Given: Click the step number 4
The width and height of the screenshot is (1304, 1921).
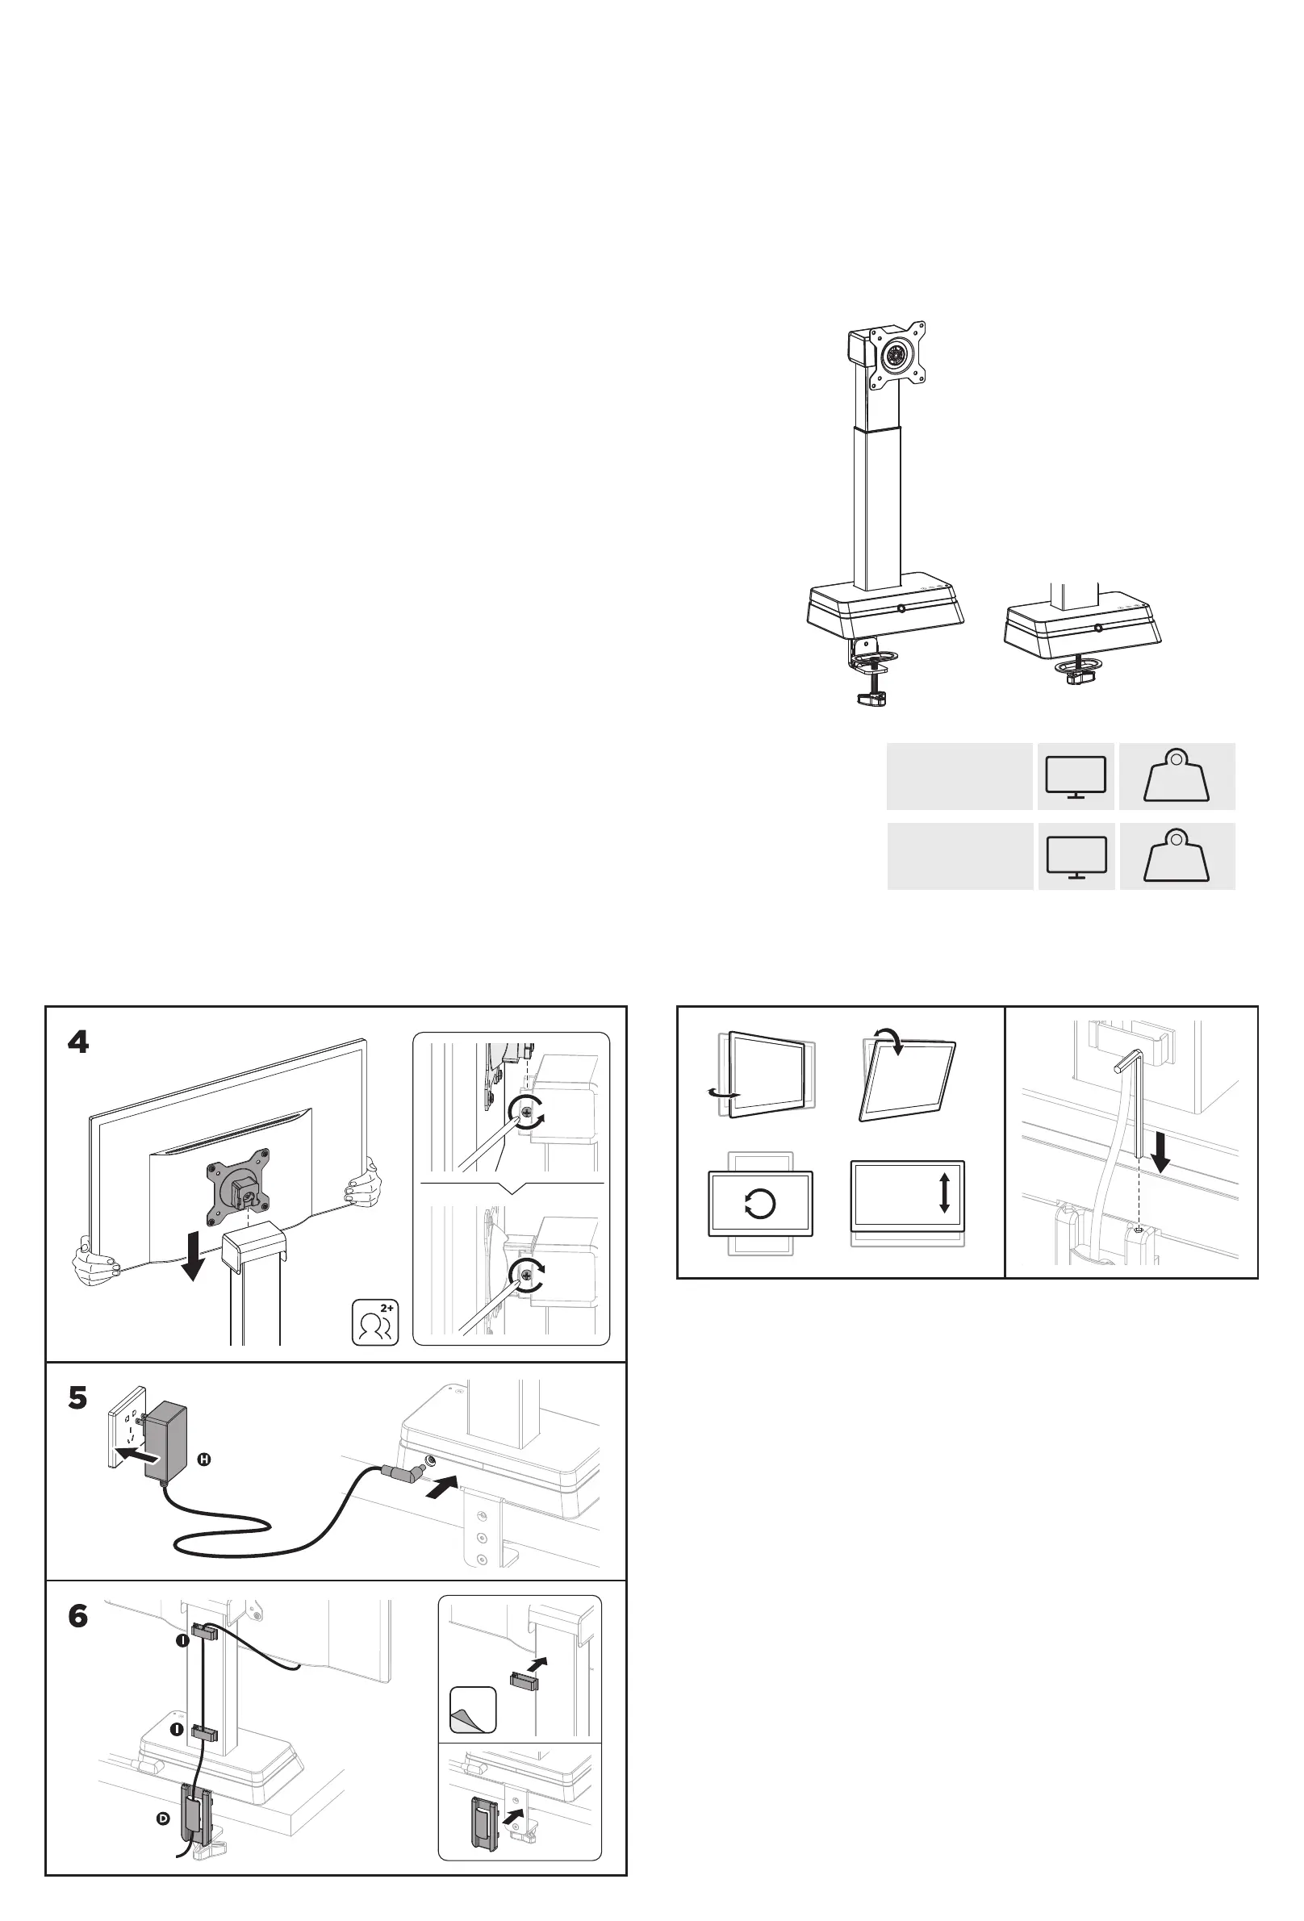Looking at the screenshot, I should pos(77,1043).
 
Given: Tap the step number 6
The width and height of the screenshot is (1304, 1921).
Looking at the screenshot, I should pos(77,1616).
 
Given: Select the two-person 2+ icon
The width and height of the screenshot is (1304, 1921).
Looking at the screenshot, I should pos(375,1322).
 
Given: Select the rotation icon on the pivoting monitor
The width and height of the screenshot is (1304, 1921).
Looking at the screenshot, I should pos(760,1204).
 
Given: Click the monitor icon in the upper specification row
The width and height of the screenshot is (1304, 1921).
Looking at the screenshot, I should pos(1076,777).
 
